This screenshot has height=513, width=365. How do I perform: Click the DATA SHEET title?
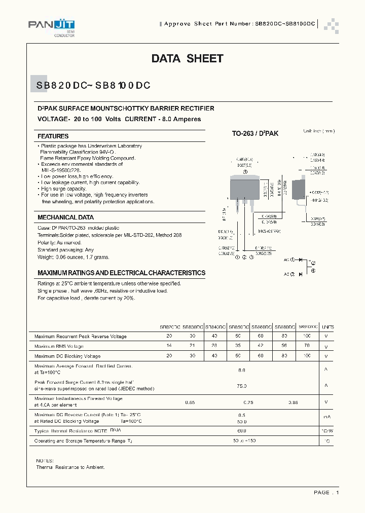click(187, 59)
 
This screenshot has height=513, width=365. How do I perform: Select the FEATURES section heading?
click(53, 136)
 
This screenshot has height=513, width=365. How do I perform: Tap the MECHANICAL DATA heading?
click(65, 217)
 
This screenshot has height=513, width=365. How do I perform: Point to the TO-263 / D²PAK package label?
click(255, 134)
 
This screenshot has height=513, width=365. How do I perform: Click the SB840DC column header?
click(215, 327)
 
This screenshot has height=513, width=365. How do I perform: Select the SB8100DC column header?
click(308, 327)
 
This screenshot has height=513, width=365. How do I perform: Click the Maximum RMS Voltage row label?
click(59, 346)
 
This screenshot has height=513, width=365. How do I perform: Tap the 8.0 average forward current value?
click(241, 370)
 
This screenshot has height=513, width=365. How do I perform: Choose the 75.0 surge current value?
click(241, 386)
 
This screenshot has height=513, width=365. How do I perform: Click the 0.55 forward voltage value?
click(190, 402)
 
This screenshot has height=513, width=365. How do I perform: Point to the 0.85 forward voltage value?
click(294, 402)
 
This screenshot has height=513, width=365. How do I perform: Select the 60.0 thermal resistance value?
click(241, 430)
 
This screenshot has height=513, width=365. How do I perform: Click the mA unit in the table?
click(327, 417)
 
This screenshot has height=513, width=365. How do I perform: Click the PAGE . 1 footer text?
click(326, 493)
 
